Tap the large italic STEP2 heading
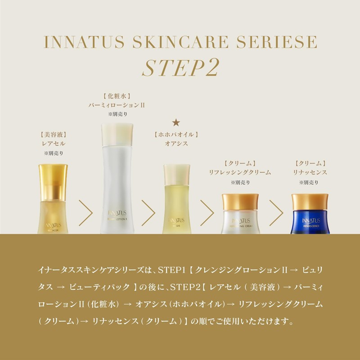180,68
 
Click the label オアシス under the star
176,144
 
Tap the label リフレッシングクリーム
239,172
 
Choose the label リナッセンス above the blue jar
310,172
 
